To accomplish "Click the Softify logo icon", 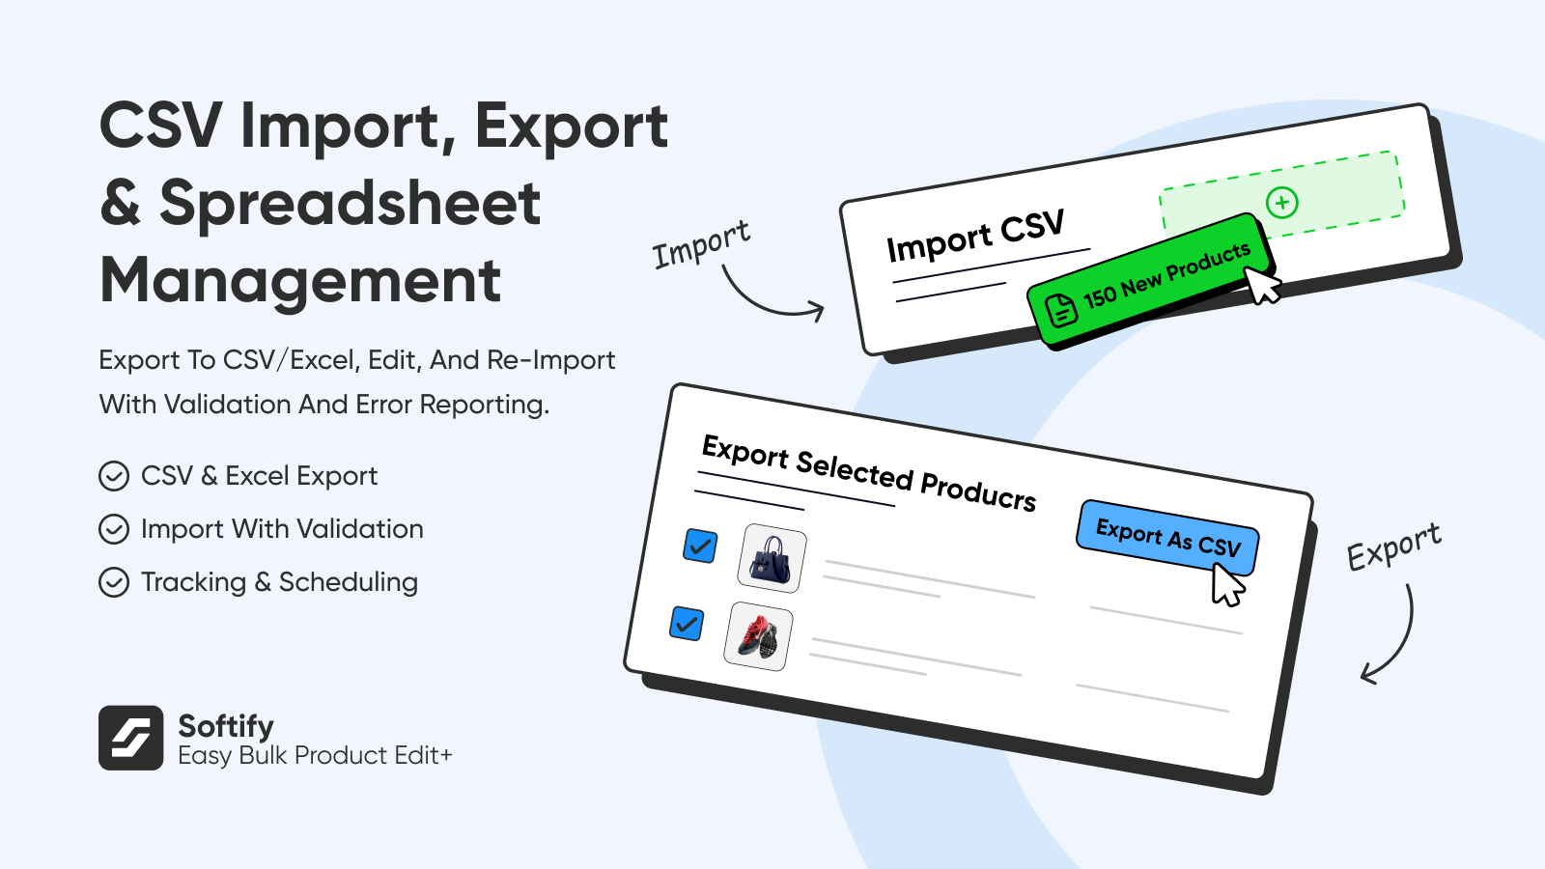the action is click(x=131, y=738).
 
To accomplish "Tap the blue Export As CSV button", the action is click(x=1167, y=538).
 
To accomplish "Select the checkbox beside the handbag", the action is click(x=700, y=547).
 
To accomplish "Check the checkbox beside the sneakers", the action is click(x=687, y=624).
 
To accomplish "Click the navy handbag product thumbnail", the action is click(x=772, y=558).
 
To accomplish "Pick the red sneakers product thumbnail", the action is click(x=758, y=636).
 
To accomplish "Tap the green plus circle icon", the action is click(x=1282, y=202).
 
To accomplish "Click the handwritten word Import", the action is click(x=701, y=244).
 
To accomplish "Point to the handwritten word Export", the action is click(x=1394, y=546).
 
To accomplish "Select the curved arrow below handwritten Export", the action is click(x=1400, y=641).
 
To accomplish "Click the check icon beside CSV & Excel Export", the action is click(x=114, y=476).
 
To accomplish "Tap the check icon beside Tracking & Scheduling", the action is click(x=114, y=582).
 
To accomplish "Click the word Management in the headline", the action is click(x=300, y=281).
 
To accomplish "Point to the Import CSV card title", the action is click(x=975, y=236).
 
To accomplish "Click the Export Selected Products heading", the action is click(x=868, y=473).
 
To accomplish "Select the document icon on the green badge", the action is click(x=1061, y=309).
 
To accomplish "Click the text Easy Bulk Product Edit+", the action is click(x=315, y=756).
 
